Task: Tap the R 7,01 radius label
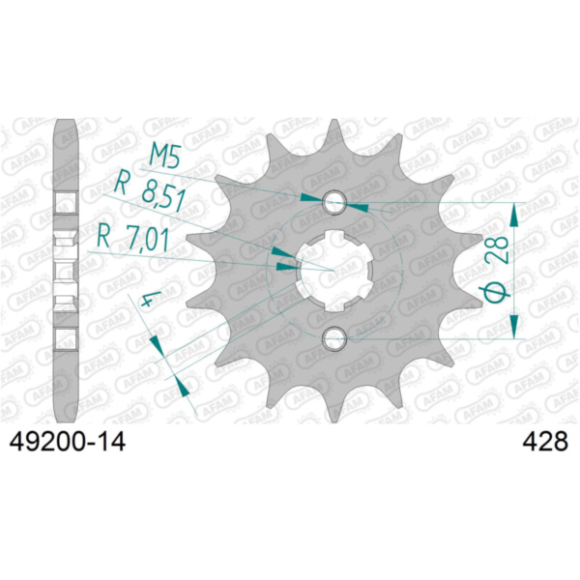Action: [134, 235]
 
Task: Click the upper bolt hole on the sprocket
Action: [335, 202]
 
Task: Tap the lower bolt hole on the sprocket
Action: [335, 337]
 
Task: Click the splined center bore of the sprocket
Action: [335, 270]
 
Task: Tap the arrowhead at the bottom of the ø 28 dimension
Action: [519, 328]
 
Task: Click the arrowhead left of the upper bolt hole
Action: [310, 199]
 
